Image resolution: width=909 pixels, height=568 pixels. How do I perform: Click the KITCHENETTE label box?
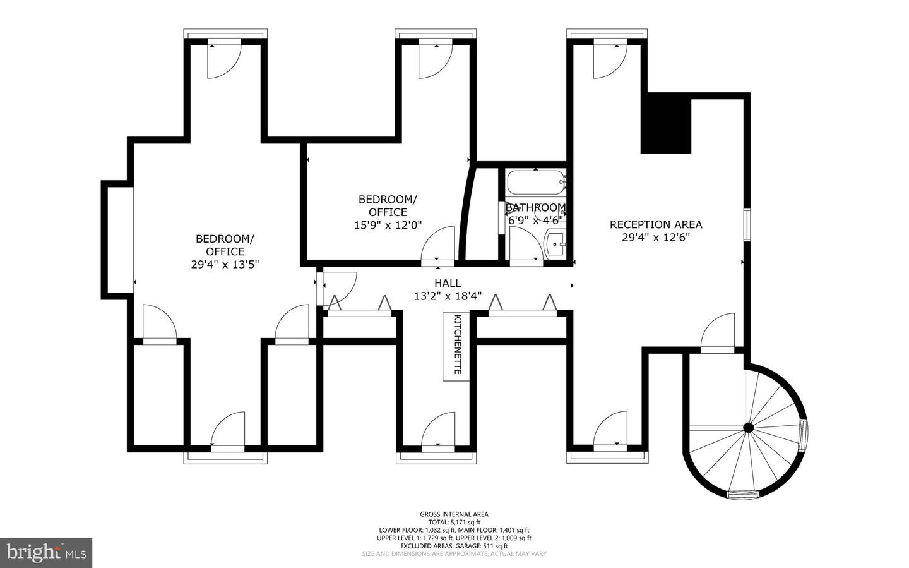click(x=456, y=347)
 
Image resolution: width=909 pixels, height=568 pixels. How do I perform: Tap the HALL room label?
click(x=448, y=283)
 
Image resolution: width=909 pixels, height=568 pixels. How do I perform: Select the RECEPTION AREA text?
click(x=656, y=225)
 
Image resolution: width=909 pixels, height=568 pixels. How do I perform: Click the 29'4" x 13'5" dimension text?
click(x=225, y=265)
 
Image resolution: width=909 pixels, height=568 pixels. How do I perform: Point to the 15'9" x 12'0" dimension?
click(x=388, y=225)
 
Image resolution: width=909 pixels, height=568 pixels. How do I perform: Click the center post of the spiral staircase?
click(x=748, y=428)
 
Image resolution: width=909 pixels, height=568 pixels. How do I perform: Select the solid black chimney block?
click(x=665, y=123)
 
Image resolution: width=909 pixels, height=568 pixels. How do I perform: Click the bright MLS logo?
click(x=46, y=553)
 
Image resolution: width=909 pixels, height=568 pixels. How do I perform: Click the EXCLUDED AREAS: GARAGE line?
click(x=454, y=546)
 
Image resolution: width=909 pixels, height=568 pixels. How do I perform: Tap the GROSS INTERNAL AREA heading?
click(x=454, y=514)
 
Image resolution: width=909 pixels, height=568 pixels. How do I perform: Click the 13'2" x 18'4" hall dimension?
click(x=448, y=296)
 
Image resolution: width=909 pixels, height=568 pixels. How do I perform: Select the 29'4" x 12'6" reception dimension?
click(x=656, y=238)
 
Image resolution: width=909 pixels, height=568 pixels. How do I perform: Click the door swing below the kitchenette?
click(x=438, y=429)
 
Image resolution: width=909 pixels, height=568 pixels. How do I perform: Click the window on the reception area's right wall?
click(x=747, y=225)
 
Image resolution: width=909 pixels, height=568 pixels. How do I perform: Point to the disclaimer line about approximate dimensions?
click(x=454, y=553)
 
